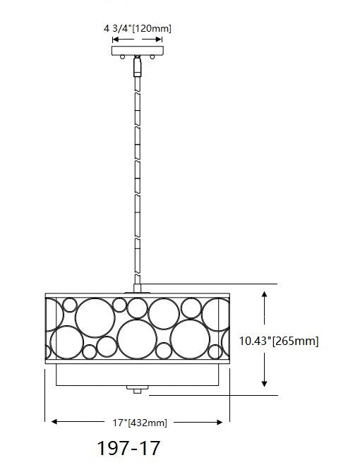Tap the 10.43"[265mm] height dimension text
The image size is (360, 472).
pos(279,341)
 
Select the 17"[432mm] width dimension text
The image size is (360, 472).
pos(138,423)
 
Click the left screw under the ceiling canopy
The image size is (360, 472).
pos(122,57)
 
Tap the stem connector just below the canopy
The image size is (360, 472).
pos(138,66)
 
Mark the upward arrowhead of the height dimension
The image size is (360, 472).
pos(264,292)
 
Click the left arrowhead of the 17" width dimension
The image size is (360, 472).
pos(51,423)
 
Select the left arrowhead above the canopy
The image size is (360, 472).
pos(116,41)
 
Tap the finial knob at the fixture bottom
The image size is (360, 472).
pos(138,388)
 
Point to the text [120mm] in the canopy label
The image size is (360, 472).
pos(155,29)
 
